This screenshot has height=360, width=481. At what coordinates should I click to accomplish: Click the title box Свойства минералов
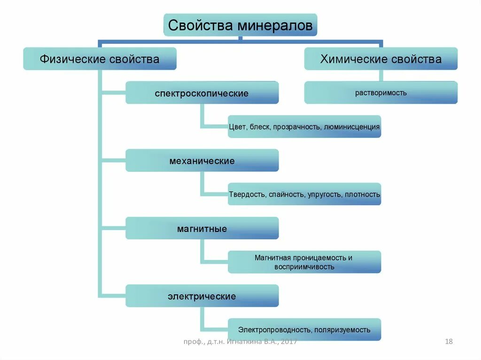[240, 25]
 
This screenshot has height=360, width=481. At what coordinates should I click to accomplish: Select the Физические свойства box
[100, 59]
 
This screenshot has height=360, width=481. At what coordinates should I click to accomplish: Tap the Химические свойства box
[380, 59]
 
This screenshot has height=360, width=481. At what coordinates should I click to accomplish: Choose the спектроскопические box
[202, 93]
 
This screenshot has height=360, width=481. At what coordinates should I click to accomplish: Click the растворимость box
[380, 93]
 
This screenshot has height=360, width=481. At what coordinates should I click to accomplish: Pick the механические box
[202, 161]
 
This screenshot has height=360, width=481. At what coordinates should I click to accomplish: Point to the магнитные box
[202, 229]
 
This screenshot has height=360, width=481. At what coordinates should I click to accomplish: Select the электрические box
[202, 297]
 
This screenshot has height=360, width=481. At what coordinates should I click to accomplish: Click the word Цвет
[237, 127]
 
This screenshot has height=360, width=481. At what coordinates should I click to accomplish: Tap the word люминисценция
[352, 127]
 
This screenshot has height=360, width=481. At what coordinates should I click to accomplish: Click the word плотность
[362, 194]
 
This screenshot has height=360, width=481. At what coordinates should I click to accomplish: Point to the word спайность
[287, 194]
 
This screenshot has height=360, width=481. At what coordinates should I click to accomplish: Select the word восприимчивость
[304, 267]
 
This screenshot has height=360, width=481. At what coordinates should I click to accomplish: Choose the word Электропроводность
[274, 330]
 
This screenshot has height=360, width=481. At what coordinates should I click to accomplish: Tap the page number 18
[449, 342]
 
